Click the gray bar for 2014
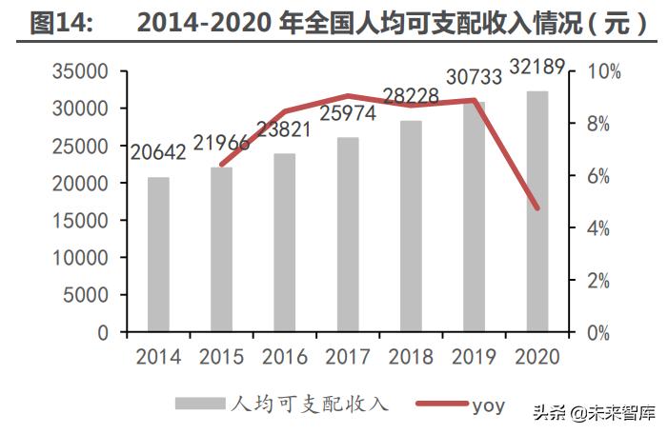tap(158, 254)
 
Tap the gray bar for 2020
tap(537, 211)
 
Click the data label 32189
tap(537, 67)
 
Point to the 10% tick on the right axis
tap(603, 72)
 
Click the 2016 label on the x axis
tap(285, 357)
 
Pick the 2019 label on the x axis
tap(475, 357)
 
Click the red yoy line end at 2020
tap(537, 207)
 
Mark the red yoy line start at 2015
tap(222, 164)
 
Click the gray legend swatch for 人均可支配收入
tap(200, 404)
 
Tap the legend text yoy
tap(488, 404)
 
